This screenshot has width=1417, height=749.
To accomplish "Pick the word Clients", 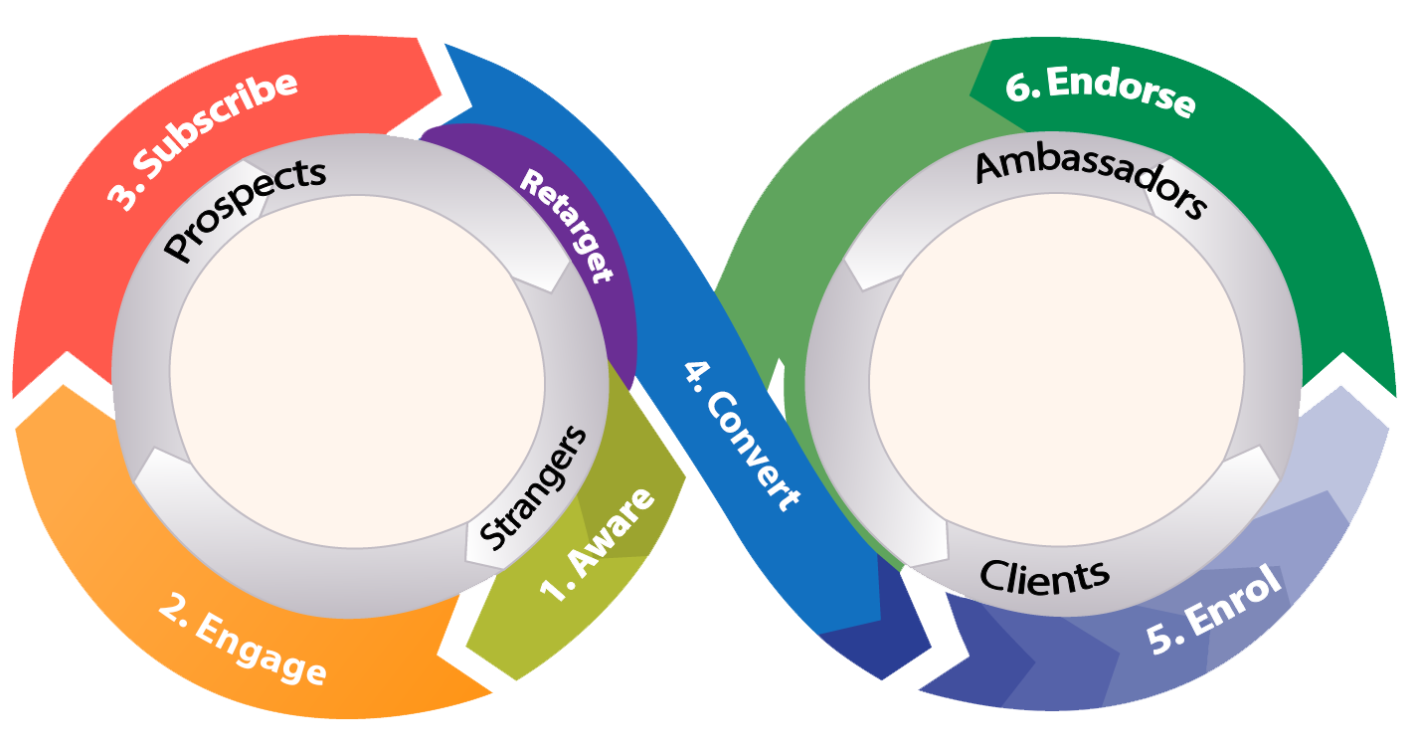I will [1044, 575].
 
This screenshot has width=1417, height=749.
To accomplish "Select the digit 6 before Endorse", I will [1018, 88].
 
